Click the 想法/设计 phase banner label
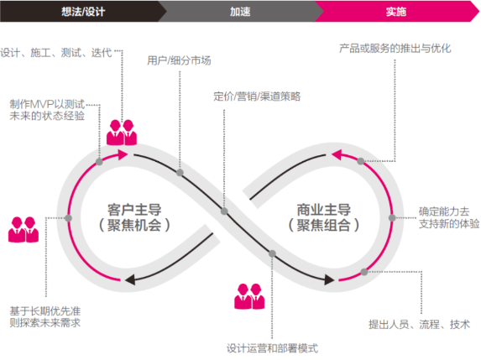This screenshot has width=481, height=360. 83,12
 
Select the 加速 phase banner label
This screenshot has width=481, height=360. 240,12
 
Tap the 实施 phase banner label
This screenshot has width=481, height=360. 396,12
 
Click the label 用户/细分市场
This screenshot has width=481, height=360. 179,60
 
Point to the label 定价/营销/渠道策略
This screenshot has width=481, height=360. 257,97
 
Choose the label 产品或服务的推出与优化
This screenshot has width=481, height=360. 395,48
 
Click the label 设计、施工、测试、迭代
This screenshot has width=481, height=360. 56,52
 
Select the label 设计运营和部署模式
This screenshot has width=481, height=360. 272,348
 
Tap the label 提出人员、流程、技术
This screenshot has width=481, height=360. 419,324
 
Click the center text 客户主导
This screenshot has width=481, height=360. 134,210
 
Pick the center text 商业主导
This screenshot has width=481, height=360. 324,210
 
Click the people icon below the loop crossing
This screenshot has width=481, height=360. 249,296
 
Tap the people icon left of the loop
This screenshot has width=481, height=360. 24,230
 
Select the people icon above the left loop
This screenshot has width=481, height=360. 122,132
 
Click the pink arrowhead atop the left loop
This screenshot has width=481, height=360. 123,154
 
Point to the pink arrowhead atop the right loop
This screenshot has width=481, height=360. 337,154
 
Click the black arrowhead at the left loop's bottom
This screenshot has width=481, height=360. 130,279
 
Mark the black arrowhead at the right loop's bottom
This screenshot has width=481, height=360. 329,279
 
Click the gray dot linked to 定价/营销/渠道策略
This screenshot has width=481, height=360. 224,211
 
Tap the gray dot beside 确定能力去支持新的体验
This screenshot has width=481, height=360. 392,217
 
